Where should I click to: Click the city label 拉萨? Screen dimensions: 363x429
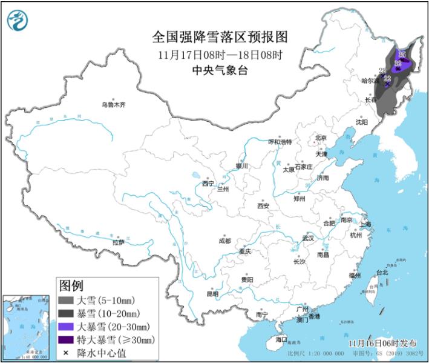(118, 242)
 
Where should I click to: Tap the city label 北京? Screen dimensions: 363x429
(321, 138)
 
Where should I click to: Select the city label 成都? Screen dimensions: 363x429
(224, 241)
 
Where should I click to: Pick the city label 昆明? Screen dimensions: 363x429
(212, 293)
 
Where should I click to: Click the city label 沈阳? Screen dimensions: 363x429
(362, 121)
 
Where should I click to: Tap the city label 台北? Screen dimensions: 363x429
(382, 272)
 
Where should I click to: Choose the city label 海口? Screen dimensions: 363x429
(281, 339)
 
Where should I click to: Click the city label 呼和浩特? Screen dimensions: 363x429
(280, 142)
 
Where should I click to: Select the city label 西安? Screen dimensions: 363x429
(263, 205)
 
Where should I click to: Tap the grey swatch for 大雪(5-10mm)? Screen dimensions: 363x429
(65, 300)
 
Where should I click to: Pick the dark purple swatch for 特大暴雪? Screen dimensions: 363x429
(65, 339)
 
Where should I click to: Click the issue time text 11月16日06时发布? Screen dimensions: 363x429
(382, 342)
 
